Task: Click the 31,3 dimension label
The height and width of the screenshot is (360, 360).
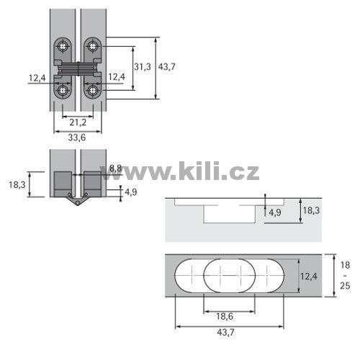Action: click(143, 67)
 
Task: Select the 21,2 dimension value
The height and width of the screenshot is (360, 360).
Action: click(78, 122)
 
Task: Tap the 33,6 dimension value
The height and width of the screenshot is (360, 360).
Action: click(77, 138)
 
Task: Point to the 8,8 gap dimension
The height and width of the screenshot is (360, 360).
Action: click(116, 168)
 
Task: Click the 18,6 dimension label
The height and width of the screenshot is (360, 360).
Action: click(225, 317)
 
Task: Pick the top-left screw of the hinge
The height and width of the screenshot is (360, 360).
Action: click(63, 46)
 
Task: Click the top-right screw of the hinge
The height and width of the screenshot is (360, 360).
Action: click(92, 45)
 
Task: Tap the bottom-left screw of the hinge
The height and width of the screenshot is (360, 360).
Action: click(63, 91)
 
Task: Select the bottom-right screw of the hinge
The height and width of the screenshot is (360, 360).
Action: click(92, 91)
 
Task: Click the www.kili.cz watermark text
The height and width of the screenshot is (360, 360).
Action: click(180, 171)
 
